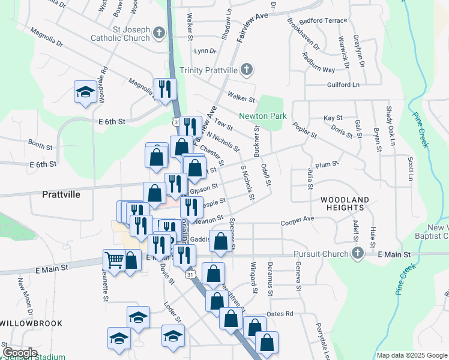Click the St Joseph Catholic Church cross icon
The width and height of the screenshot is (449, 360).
point(158,32)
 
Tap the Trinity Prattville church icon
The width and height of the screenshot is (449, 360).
point(246,70)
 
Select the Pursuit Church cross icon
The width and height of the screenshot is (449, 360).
point(358,254)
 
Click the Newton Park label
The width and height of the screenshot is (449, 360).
point(262,116)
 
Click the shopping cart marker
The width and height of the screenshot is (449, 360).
point(113,260)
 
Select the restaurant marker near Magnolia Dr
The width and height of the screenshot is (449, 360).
point(164,89)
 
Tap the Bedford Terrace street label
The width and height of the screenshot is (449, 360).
point(324,20)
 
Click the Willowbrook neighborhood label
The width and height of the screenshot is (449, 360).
point(23,323)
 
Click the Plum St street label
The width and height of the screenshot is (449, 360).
point(327,164)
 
